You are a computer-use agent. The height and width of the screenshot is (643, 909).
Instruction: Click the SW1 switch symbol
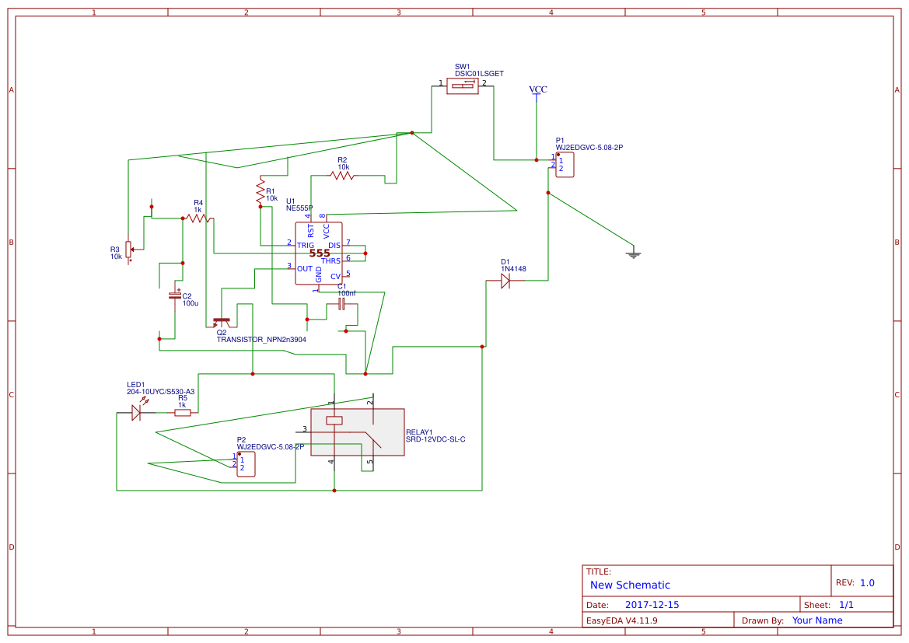click(463, 86)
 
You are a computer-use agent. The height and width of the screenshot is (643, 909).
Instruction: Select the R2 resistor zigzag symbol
click(342, 176)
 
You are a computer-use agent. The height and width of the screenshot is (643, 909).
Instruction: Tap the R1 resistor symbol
click(260, 192)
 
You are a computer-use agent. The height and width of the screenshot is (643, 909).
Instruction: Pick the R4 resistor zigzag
click(198, 218)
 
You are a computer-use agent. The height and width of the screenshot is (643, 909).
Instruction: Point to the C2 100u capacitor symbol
click(175, 295)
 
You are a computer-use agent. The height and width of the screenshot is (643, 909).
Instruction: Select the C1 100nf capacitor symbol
click(341, 304)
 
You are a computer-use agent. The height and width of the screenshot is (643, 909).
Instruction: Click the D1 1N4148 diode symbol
click(505, 281)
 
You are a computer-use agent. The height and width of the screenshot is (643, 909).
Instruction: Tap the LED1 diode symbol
click(136, 413)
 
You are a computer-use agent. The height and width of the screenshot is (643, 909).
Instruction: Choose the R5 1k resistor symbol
click(183, 413)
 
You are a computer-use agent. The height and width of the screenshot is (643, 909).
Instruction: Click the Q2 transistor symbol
click(222, 320)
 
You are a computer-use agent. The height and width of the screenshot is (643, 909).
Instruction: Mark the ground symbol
click(633, 253)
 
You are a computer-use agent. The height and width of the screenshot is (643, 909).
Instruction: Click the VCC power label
click(537, 90)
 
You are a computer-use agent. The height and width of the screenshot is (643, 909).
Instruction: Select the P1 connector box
click(565, 165)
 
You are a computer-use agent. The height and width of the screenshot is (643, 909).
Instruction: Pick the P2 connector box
click(246, 464)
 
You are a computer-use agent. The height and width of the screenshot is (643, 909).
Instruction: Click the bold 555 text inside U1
click(320, 253)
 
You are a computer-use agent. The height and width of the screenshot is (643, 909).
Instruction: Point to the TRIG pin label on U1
click(306, 245)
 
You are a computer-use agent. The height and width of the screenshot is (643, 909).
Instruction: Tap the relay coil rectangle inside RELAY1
click(334, 421)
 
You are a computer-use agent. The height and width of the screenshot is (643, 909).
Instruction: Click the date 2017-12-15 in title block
click(652, 604)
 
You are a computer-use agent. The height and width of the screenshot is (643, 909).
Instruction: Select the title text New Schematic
click(630, 585)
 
